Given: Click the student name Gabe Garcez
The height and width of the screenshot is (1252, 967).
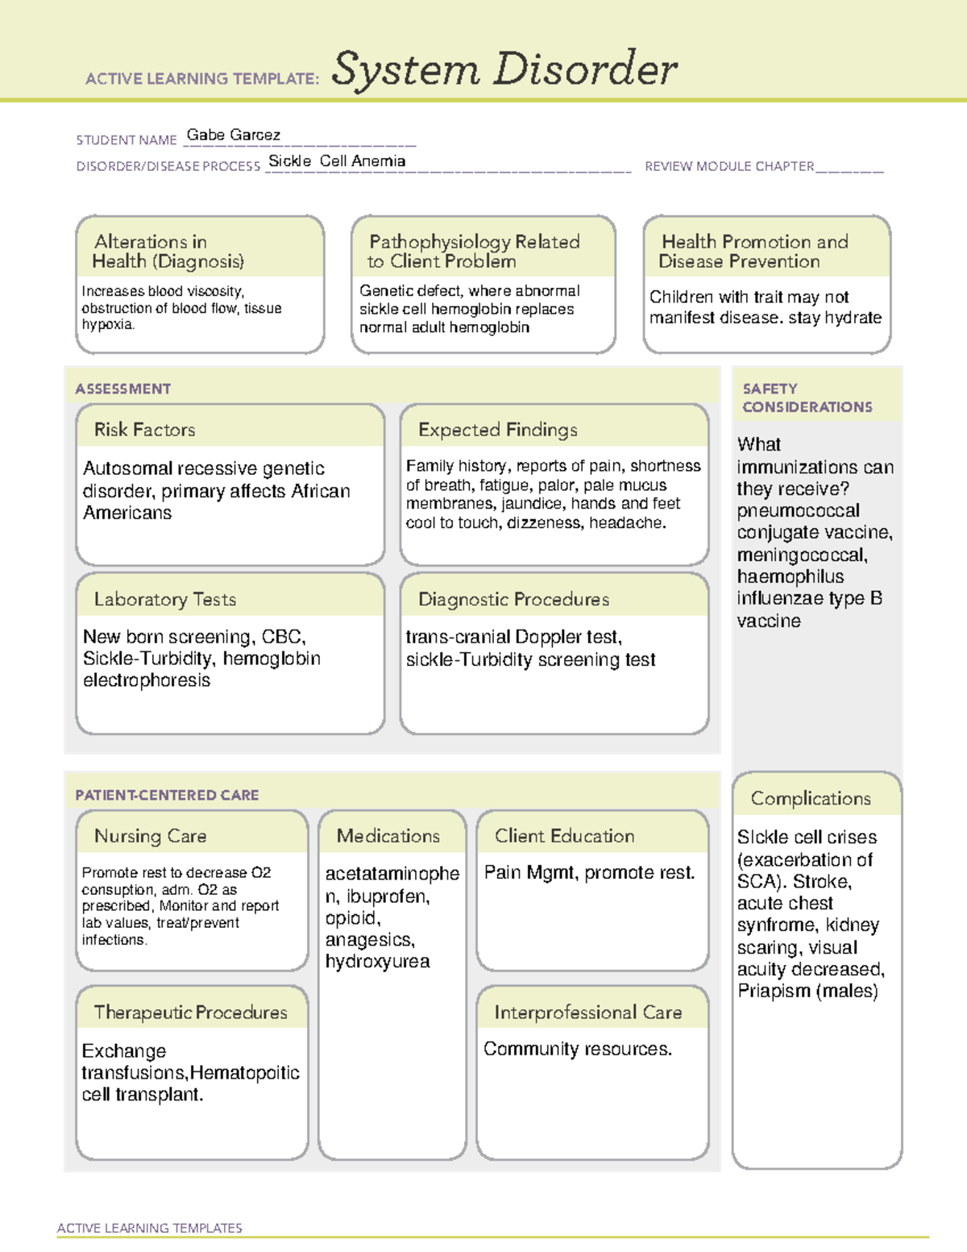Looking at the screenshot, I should pyautogui.click(x=233, y=135).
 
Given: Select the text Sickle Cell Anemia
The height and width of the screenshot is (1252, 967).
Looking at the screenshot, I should pyautogui.click(x=337, y=161).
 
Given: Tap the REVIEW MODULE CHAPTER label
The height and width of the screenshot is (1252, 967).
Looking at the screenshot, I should pyautogui.click(x=729, y=166).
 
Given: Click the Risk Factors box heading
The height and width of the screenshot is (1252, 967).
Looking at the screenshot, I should pyautogui.click(x=144, y=430).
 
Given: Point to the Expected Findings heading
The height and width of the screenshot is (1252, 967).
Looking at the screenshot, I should pyautogui.click(x=497, y=430).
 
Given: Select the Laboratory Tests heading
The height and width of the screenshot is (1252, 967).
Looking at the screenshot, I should pyautogui.click(x=164, y=599).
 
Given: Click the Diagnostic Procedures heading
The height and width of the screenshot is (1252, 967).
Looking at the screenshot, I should pyautogui.click(x=513, y=599).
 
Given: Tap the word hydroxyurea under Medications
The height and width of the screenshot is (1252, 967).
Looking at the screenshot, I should pyautogui.click(x=377, y=961).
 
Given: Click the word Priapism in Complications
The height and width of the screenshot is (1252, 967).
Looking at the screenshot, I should pyautogui.click(x=774, y=991).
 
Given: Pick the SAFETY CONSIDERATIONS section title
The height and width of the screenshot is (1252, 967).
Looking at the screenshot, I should pyautogui.click(x=807, y=397).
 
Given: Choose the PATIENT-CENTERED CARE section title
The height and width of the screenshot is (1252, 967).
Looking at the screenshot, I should pyautogui.click(x=167, y=795).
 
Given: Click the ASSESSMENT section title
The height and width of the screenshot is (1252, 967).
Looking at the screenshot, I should pyautogui.click(x=122, y=389).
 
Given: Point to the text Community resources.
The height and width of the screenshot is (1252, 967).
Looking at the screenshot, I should pyautogui.click(x=577, y=1049).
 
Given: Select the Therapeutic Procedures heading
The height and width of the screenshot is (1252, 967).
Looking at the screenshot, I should pyautogui.click(x=190, y=1012).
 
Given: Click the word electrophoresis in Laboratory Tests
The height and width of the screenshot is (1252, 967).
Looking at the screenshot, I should pyautogui.click(x=146, y=680).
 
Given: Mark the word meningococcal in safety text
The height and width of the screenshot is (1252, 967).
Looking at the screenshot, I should pyautogui.click(x=801, y=555).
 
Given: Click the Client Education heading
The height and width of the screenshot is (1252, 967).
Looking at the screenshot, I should pyautogui.click(x=564, y=836).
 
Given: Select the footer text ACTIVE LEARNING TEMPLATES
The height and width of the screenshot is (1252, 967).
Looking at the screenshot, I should pyautogui.click(x=149, y=1228).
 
